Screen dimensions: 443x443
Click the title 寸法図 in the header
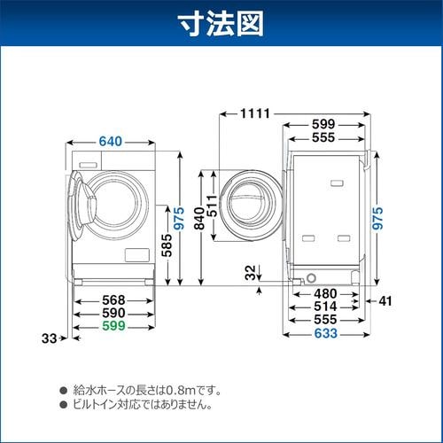(221, 24)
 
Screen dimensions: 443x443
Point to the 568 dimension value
(112, 299)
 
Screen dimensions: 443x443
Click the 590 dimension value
(112, 313)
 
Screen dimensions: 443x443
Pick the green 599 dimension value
(112, 327)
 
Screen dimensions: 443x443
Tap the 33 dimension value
(50, 337)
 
